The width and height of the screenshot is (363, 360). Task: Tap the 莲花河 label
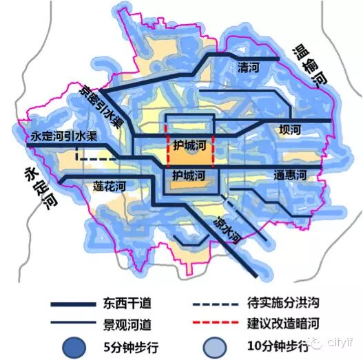point(110,186)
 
